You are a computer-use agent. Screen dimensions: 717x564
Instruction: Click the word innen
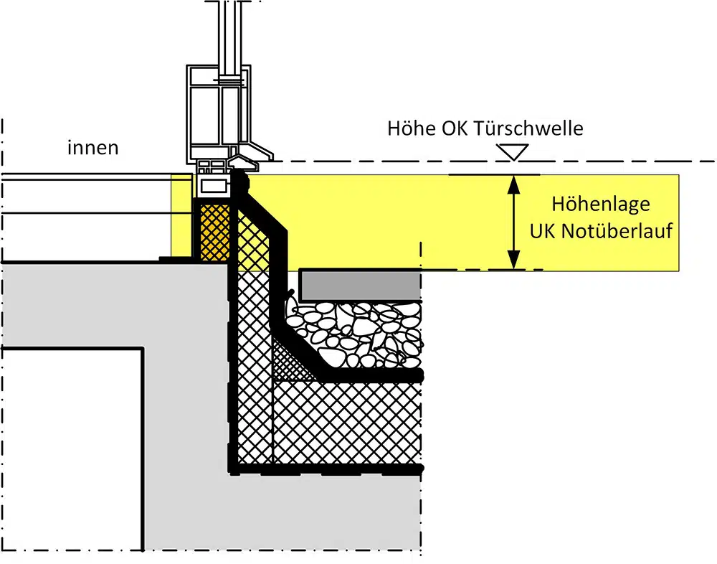pyautogui.click(x=92, y=147)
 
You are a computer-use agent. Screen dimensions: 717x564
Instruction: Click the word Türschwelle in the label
pyautogui.click(x=529, y=128)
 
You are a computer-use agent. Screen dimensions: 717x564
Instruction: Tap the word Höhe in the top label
pyautogui.click(x=412, y=128)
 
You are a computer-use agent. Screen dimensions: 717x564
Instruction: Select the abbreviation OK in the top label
pyautogui.click(x=455, y=128)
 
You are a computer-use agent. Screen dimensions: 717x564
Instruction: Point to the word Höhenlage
pyautogui.click(x=601, y=205)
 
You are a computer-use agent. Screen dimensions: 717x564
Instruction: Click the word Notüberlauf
pyautogui.click(x=617, y=231)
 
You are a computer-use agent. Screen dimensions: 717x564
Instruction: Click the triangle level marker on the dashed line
pyautogui.click(x=513, y=152)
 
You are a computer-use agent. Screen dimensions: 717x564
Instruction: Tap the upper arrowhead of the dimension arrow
pyautogui.click(x=514, y=184)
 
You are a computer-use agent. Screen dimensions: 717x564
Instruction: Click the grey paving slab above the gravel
pyautogui.click(x=360, y=285)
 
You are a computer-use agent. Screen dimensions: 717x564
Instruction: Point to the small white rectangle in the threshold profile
pyautogui.click(x=214, y=185)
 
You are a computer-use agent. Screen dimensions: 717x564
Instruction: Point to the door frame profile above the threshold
pyautogui.click(x=219, y=114)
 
